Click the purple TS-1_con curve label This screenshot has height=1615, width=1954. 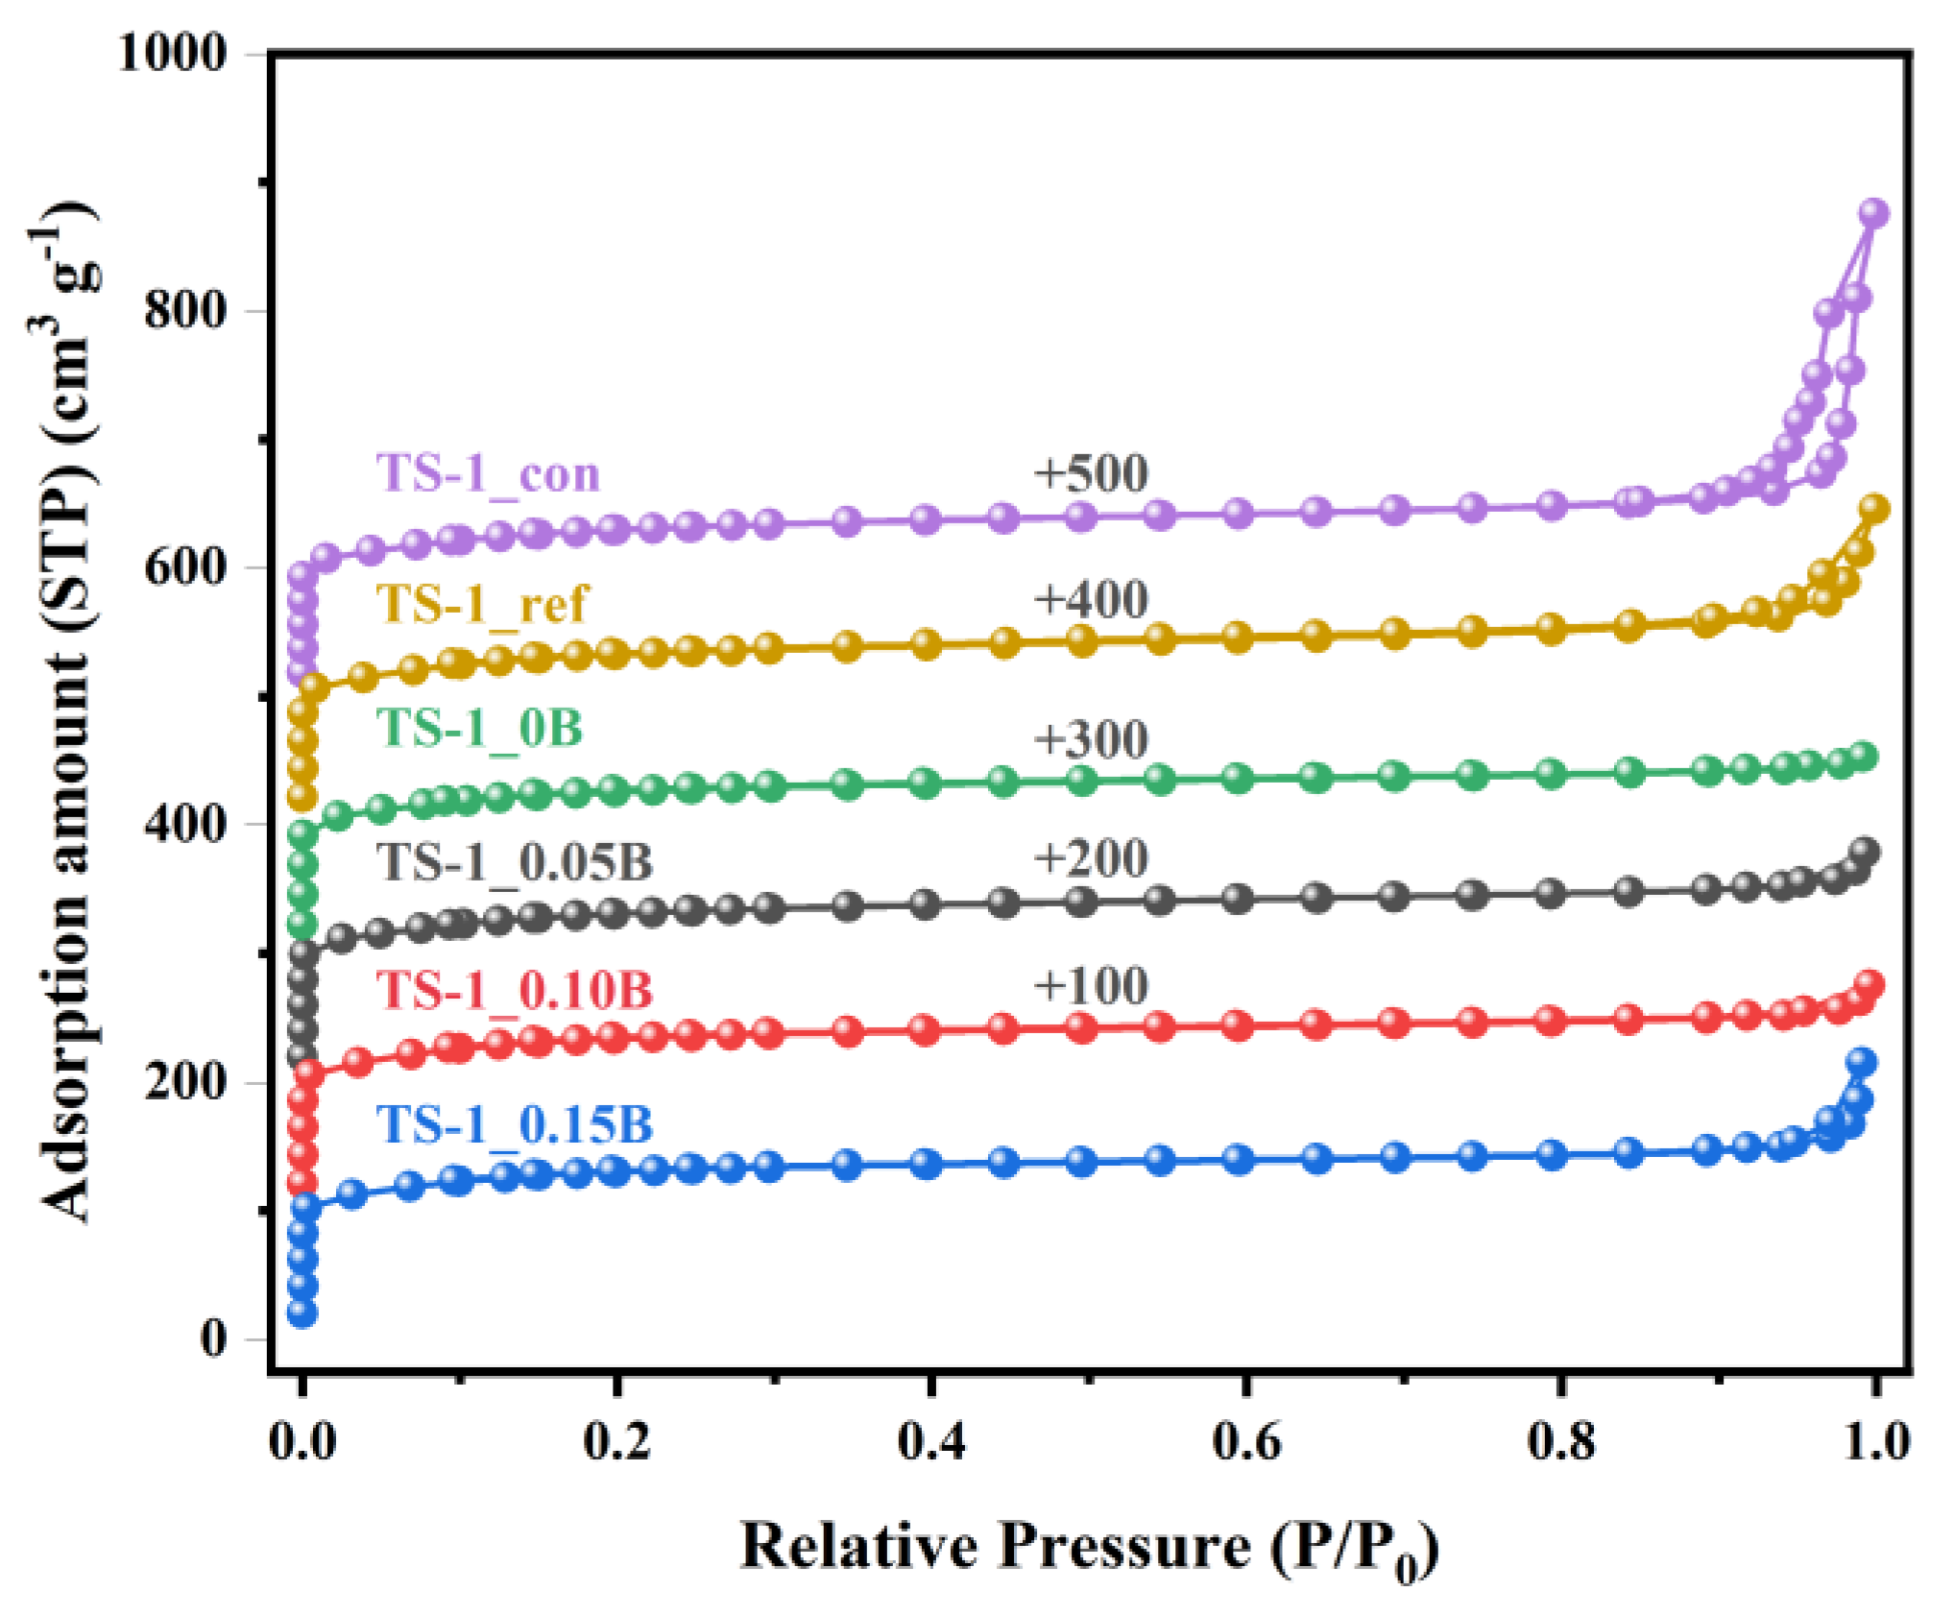click(x=488, y=473)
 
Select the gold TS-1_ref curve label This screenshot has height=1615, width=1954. click(x=482, y=604)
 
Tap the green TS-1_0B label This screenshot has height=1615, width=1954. click(x=479, y=728)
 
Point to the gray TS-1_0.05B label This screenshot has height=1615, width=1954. click(x=515, y=861)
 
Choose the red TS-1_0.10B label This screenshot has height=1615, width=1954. click(x=515, y=990)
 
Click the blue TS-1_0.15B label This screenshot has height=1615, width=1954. click(x=515, y=1124)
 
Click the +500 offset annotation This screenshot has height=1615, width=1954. click(x=1090, y=473)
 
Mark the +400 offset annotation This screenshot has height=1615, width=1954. click(x=1090, y=599)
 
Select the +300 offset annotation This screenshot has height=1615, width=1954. click(x=1090, y=739)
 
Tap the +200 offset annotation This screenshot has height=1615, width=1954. click(x=1090, y=857)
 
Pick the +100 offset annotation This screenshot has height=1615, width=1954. click(x=1090, y=986)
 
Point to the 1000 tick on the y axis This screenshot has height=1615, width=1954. click(x=173, y=53)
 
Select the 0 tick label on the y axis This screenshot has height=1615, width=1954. click(x=213, y=1338)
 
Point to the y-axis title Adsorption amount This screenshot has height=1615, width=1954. click(x=67, y=711)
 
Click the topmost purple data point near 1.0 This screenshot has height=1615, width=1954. click(x=1873, y=213)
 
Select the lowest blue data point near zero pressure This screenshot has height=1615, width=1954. click(x=302, y=1313)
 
